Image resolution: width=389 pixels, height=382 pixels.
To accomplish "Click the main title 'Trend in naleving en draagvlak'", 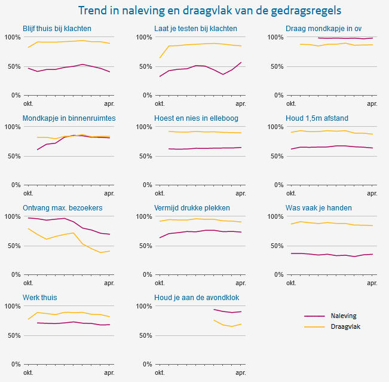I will pyautogui.click(x=214, y=11).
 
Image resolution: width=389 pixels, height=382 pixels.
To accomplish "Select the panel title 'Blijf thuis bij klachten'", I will pyautogui.click(x=57, y=29).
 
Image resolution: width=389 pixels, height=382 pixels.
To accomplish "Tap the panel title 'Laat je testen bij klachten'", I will pyautogui.click(x=195, y=29).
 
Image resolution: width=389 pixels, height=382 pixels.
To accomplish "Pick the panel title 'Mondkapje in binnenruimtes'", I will pyautogui.click(x=69, y=118).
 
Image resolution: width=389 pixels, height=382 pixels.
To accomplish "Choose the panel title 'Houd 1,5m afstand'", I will pyautogui.click(x=317, y=118).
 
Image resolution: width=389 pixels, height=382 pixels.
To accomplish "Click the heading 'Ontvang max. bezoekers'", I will pyautogui.click(x=63, y=208).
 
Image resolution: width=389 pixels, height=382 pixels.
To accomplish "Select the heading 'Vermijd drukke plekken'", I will pyautogui.click(x=192, y=208).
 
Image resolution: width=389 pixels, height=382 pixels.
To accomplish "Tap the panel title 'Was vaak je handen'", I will pyautogui.click(x=318, y=208).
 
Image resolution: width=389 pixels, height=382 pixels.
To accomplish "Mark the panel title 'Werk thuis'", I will pyautogui.click(x=40, y=298).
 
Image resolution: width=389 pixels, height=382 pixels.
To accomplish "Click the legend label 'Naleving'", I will pyautogui.click(x=344, y=316).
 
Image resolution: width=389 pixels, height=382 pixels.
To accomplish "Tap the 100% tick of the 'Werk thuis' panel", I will pyautogui.click(x=13, y=306).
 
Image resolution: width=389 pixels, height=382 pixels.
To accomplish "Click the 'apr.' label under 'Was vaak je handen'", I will pyautogui.click(x=372, y=283).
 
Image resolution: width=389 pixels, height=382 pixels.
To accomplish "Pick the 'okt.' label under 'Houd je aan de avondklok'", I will pyautogui.click(x=160, y=373).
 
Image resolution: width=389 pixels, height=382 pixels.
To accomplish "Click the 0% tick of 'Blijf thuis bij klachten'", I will pyautogui.click(x=14, y=95).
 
